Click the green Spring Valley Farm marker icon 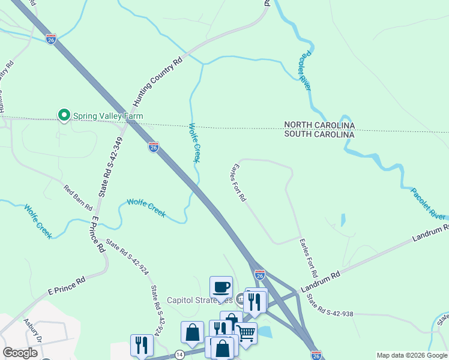coord(64,115)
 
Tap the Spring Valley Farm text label coord(108,115)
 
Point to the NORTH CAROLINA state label coord(319,125)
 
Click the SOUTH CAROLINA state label coord(319,134)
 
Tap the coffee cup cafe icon coord(221,287)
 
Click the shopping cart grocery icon coord(246,332)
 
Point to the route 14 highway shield coord(179,355)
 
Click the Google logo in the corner coord(20,353)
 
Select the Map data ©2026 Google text coord(411,355)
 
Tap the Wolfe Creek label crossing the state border coord(193,143)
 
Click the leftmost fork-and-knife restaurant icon coord(142,345)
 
